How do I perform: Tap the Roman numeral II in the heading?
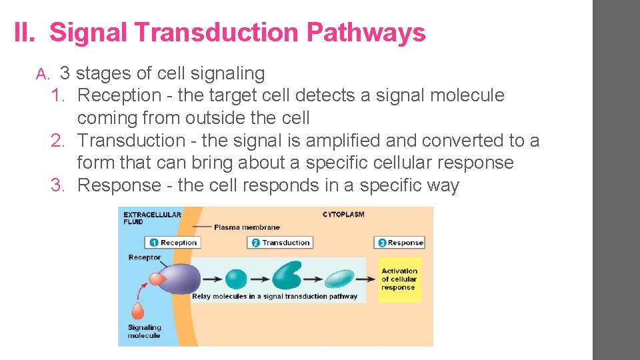tap(25, 33)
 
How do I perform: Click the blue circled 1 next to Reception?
tap(153, 243)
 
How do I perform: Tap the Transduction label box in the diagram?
tap(280, 243)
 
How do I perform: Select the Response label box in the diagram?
tap(400, 243)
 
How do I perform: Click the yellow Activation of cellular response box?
tap(399, 279)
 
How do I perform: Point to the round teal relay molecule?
tap(236, 279)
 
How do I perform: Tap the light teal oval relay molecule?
tap(339, 279)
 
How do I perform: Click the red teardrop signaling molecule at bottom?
tap(137, 311)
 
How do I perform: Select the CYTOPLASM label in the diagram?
tap(343, 215)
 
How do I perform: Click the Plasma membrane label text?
tap(247, 227)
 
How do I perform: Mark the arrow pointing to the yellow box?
tap(366, 279)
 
